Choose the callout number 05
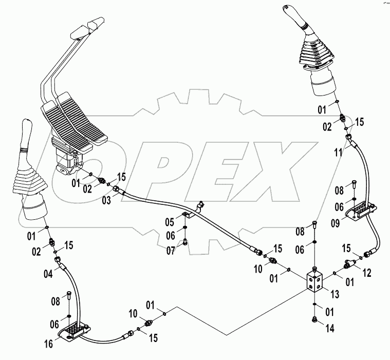[x=170, y=222]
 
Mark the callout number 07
[x=170, y=250]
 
